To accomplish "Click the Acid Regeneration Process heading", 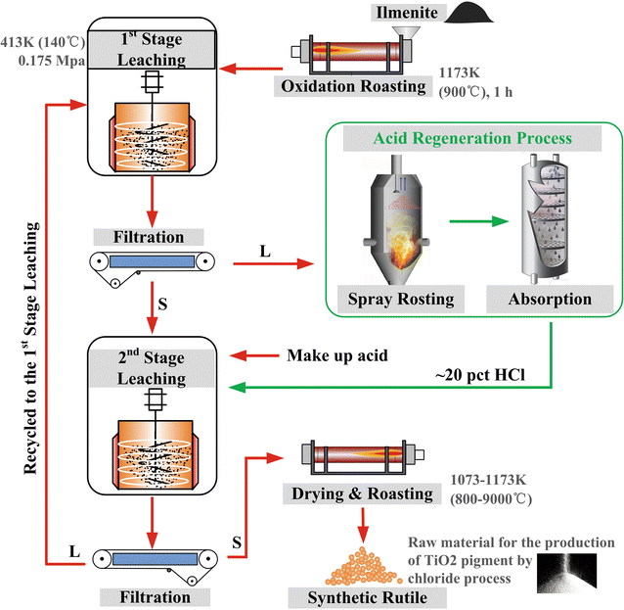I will coord(471,138).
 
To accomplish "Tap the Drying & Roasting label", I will coord(361,493).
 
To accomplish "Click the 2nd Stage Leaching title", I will coord(151,368).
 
